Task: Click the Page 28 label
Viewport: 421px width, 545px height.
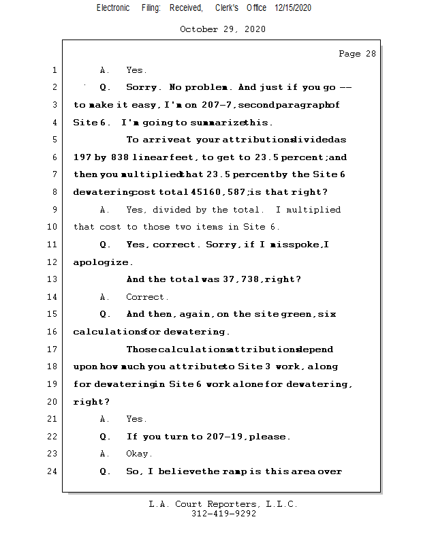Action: pos(357,54)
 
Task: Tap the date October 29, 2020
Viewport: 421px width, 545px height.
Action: pos(223,29)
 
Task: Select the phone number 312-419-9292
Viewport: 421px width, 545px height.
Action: pos(223,514)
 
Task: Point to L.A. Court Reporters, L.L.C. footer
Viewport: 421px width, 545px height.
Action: pos(223,504)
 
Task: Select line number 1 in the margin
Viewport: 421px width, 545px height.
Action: pos(54,70)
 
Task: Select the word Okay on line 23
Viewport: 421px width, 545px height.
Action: pos(139,454)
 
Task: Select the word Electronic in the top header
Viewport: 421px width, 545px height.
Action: pos(113,7)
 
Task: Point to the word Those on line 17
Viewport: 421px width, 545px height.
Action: pos(142,349)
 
